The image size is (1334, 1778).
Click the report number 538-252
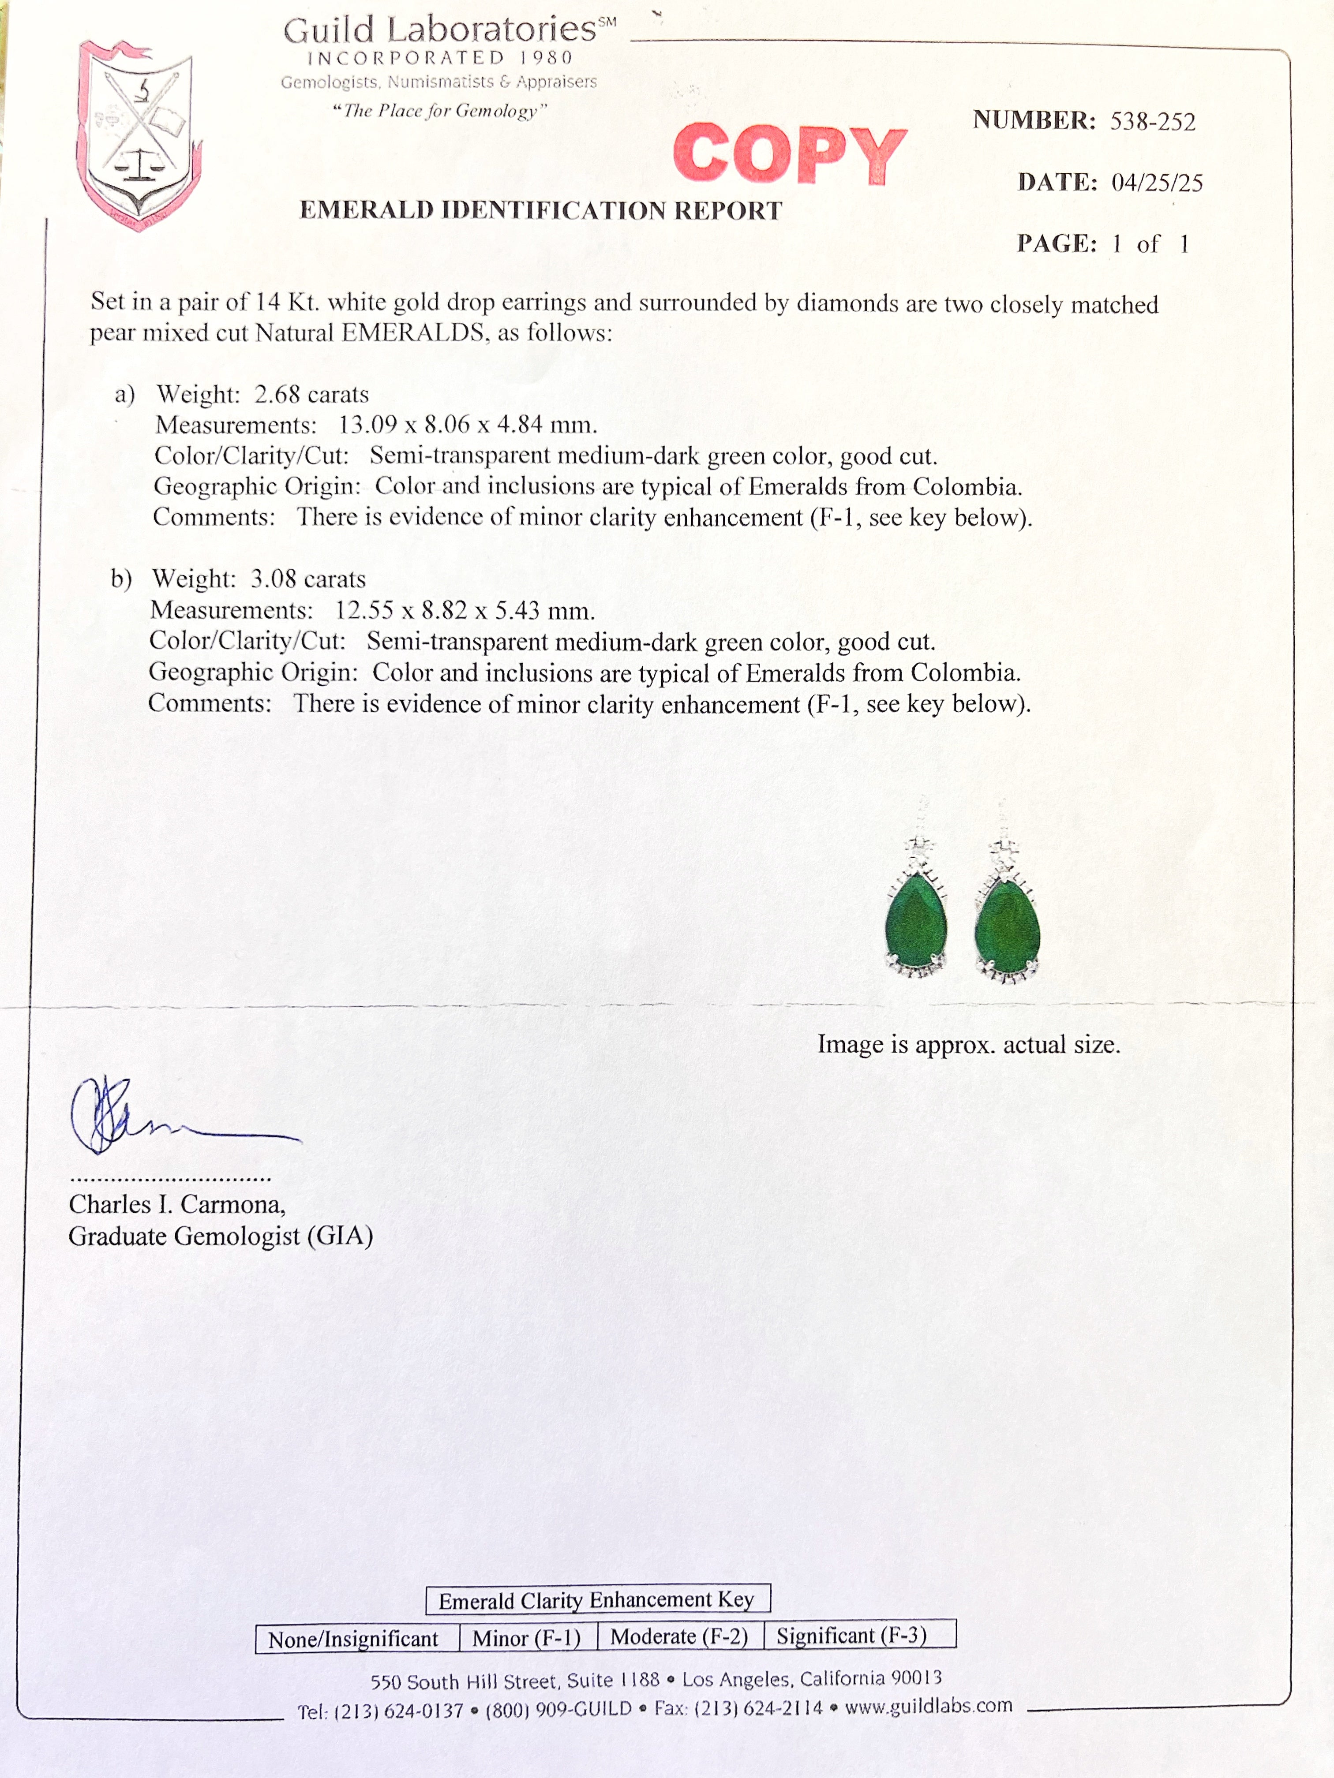(x=1152, y=121)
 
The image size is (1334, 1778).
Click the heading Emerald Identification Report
(x=540, y=211)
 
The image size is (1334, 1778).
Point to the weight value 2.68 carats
(x=311, y=395)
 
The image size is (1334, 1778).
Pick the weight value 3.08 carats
(x=308, y=579)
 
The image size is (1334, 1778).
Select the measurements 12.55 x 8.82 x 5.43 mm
(x=465, y=611)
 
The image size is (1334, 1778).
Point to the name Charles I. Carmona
(x=177, y=1204)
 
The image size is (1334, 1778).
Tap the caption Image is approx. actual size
(x=968, y=1045)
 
